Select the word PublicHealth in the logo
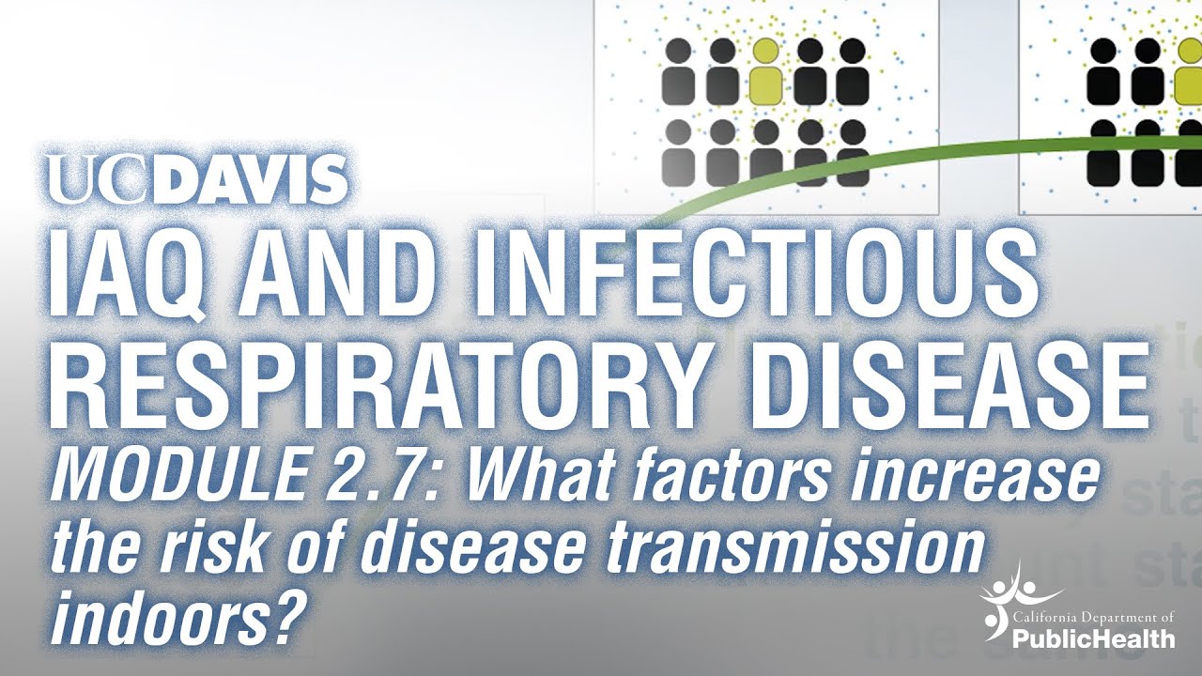coord(1094,639)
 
